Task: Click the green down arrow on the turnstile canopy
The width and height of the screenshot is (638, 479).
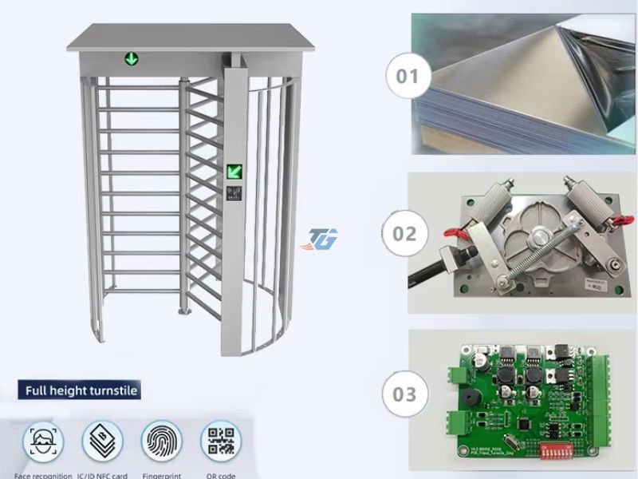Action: tap(129, 58)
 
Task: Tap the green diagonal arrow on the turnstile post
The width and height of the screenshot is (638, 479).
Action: tap(234, 170)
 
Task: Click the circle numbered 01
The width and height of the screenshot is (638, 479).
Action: tap(407, 77)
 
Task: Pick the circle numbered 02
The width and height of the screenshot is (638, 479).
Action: tap(405, 234)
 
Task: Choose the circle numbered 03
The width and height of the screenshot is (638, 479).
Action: tap(405, 394)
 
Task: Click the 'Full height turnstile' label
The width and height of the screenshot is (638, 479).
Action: tap(81, 390)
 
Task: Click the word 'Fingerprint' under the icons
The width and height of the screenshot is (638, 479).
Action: tap(162, 475)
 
